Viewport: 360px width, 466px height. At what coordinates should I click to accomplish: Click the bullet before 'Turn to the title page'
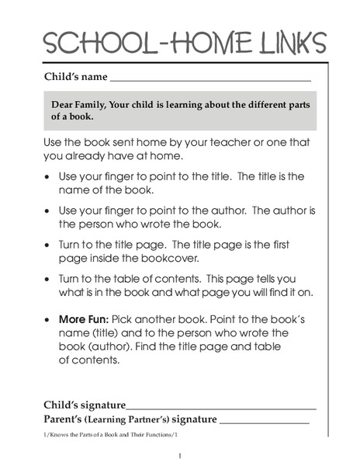tap(49, 244)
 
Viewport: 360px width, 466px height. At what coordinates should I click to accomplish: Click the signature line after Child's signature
tap(221, 407)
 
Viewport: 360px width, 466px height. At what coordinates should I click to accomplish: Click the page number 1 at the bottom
tap(179, 455)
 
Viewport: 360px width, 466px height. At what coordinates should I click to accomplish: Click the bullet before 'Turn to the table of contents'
tap(49, 278)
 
